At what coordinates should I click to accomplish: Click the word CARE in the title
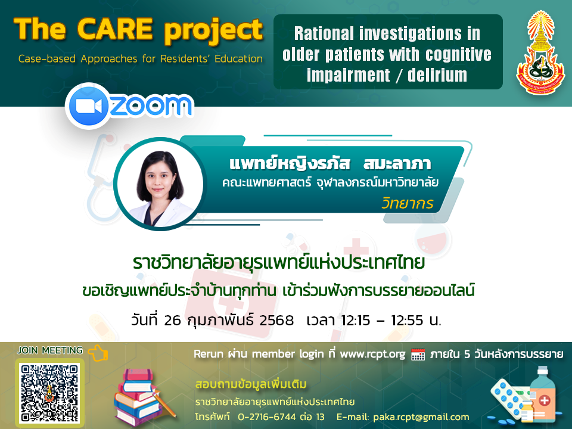click(x=115, y=29)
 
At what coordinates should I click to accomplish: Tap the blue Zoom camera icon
click(x=88, y=106)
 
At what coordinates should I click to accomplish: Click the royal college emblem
click(x=540, y=52)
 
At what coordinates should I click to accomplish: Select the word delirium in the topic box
click(x=437, y=75)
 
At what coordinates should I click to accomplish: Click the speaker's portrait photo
click(x=160, y=184)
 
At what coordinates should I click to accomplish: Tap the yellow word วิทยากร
click(x=408, y=203)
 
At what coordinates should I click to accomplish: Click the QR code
click(x=49, y=393)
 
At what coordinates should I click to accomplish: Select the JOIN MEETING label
click(x=50, y=350)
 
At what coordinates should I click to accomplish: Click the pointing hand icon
click(x=98, y=352)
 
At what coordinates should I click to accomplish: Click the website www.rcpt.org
click(x=372, y=354)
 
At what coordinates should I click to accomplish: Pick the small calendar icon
click(x=418, y=354)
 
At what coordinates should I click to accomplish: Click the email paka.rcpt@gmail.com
click(x=421, y=417)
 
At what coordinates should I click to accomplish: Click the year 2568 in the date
click(x=276, y=321)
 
